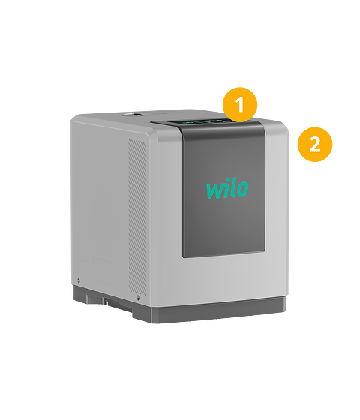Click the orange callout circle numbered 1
[x=240, y=104]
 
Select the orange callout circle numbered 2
[x=315, y=144]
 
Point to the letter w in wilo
[x=214, y=191]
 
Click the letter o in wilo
[x=243, y=188]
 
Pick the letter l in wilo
[x=233, y=189]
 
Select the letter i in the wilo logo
[x=226, y=190]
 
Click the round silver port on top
[x=131, y=115]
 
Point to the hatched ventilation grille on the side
[x=137, y=217]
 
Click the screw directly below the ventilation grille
[x=138, y=297]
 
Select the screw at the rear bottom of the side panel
[x=79, y=280]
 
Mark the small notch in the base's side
[x=106, y=301]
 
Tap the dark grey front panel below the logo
[x=224, y=228]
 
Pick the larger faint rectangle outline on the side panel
[x=105, y=271]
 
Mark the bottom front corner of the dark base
[x=150, y=322]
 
